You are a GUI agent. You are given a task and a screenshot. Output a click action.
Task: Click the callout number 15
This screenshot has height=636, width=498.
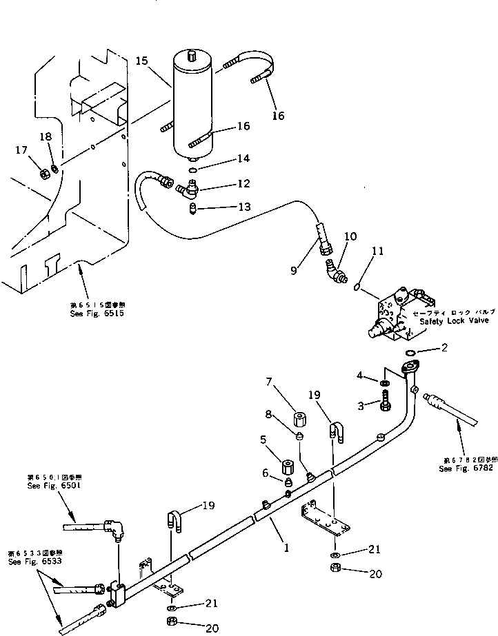pos(142,61)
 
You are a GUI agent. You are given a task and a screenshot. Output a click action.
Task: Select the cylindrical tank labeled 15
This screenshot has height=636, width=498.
pos(194,103)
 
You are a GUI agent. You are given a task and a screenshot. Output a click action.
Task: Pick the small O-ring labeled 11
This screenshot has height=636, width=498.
pos(357,285)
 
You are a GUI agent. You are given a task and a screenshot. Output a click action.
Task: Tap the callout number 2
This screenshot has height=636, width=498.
pos(445,348)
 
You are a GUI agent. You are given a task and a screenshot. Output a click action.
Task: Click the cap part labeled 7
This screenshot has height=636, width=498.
pos(300,420)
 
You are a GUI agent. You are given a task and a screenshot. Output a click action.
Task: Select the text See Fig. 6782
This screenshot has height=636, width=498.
pos(463,469)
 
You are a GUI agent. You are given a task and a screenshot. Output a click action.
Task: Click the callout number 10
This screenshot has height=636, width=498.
pos(350,237)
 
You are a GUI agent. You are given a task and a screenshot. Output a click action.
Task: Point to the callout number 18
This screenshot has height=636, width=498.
pos(46,137)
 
